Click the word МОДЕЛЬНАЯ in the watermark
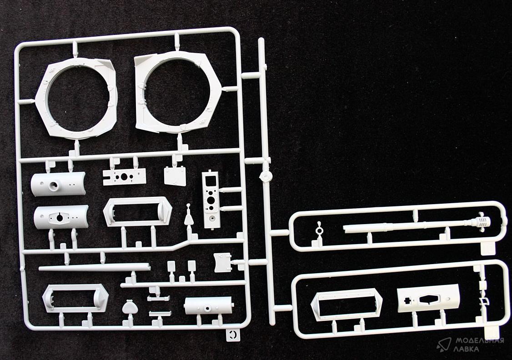click(480, 341)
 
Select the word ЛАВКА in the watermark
click(467, 349)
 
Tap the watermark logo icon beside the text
click(444, 345)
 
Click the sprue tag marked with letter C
click(233, 334)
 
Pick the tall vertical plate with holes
click(211, 200)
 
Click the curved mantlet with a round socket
click(58, 184)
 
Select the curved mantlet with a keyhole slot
click(61, 217)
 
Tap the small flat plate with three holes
click(124, 177)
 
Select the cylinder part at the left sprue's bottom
click(208, 306)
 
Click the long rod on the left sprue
click(95, 267)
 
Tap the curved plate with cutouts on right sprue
click(428, 298)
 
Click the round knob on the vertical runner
click(266, 176)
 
